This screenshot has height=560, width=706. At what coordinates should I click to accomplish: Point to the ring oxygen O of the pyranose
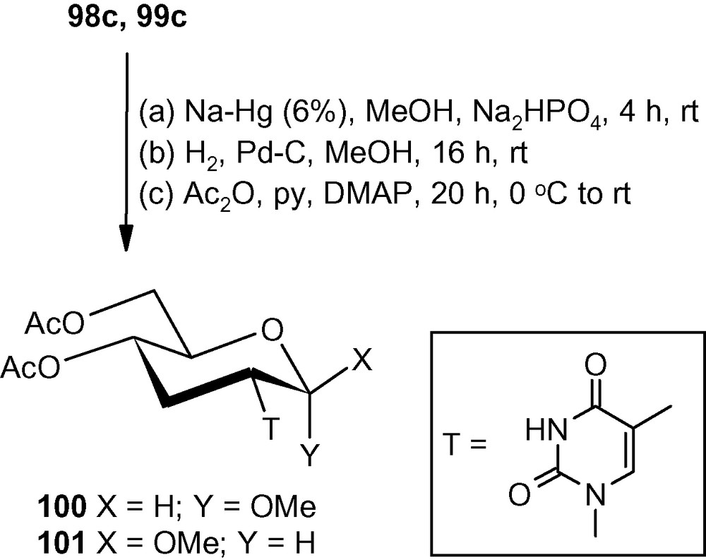click(275, 330)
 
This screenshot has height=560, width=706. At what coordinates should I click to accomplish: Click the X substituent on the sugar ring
click(361, 363)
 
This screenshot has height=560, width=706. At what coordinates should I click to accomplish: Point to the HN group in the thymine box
click(543, 429)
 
